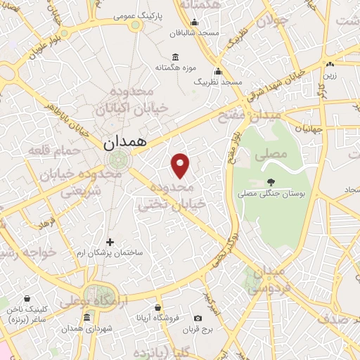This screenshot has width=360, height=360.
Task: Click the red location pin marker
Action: [181, 165]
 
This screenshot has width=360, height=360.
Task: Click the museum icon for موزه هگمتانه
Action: [174, 57]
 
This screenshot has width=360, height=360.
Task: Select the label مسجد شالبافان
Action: [195, 32]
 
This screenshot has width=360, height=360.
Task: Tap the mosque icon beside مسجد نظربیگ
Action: [218, 71]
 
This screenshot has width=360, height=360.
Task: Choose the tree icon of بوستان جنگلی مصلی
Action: [271, 182]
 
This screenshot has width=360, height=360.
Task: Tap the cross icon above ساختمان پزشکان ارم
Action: [110, 242]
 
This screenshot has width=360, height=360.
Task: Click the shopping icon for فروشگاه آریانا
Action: [158, 307]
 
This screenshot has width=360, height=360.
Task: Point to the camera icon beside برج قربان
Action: [198, 319]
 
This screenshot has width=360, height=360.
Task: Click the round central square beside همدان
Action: [118, 159]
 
